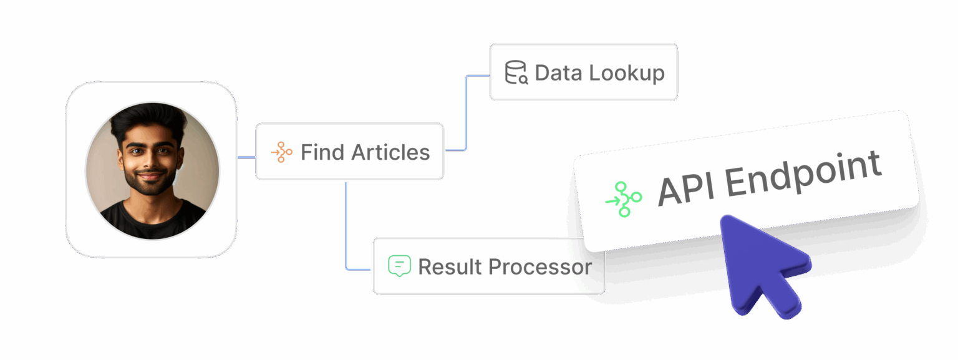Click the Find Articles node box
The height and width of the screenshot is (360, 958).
(x=349, y=152)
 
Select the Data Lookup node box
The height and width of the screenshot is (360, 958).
(x=583, y=72)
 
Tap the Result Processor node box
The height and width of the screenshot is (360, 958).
(x=488, y=266)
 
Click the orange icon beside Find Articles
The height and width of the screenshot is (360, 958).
(x=281, y=152)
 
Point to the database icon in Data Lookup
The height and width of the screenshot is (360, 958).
(x=516, y=72)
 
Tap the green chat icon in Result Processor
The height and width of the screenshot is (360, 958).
(x=399, y=266)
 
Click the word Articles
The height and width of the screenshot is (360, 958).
(x=390, y=152)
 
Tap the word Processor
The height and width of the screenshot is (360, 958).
(x=539, y=267)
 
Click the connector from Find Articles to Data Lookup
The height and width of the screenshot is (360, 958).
(x=467, y=112)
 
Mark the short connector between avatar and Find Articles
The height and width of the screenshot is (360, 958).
(x=246, y=157)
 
